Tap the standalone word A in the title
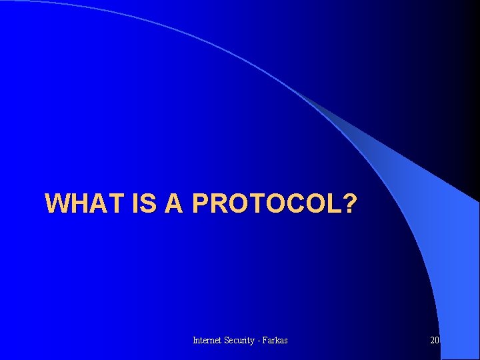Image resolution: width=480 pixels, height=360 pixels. (x=173, y=203)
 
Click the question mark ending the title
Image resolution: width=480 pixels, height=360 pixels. (x=349, y=203)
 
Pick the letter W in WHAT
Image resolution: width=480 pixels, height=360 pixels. (x=57, y=203)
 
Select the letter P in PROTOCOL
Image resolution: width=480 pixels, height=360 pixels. (x=201, y=203)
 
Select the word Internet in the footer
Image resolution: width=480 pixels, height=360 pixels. (x=207, y=341)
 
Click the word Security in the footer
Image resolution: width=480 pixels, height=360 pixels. (x=241, y=341)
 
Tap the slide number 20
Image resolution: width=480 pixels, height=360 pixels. (x=435, y=341)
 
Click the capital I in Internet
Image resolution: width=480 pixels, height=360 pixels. (x=194, y=341)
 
